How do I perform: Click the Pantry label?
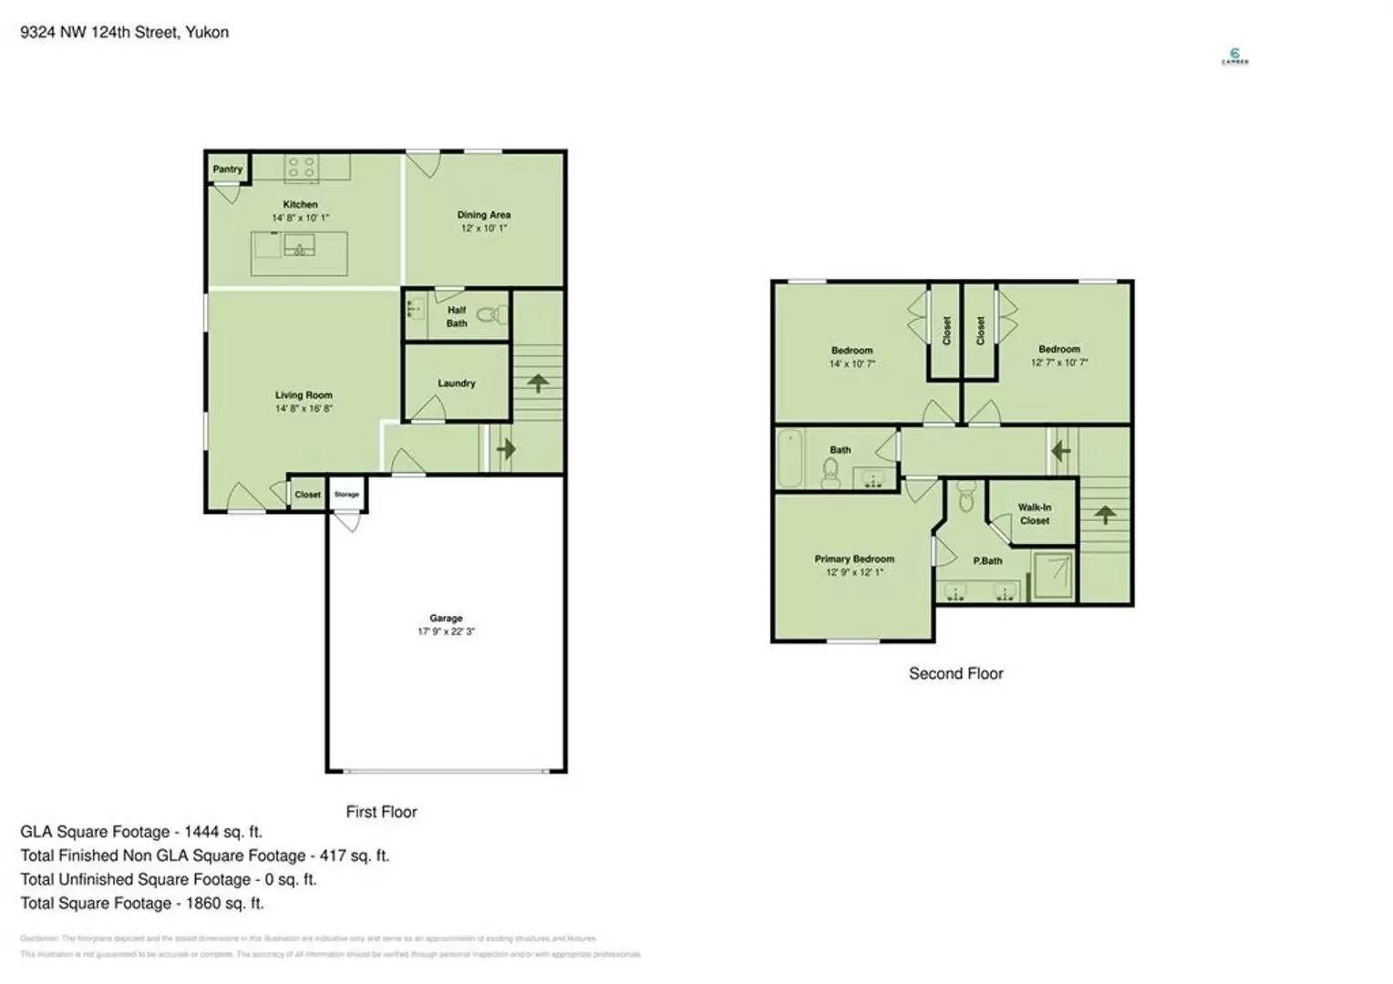227,169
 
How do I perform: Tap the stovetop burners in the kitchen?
301,167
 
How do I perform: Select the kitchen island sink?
299,245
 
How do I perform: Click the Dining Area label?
483,215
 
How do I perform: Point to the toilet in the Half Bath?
490,316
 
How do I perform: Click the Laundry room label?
456,384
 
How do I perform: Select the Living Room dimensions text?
304,409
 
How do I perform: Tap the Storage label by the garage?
346,495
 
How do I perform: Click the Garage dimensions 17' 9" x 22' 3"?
446,631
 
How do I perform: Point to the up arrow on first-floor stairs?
538,383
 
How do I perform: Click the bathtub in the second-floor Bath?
789,458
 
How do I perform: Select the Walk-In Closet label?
1034,514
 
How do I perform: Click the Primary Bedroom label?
854,559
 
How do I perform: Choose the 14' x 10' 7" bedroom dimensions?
851,364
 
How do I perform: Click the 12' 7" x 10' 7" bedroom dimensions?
1059,363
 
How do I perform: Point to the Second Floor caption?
955,674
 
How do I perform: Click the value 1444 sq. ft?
222,832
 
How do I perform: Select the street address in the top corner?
124,33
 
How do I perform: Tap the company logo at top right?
1234,56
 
